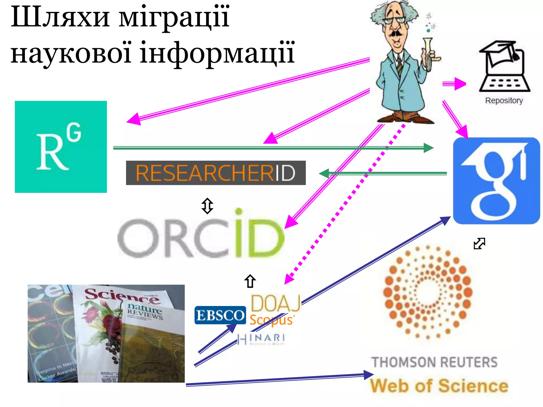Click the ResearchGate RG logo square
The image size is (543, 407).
pos(61,147)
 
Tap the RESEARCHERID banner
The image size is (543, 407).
pos(216,173)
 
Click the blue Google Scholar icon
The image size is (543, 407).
pos(496,181)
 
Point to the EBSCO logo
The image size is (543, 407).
pos(220,315)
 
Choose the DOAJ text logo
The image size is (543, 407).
pos(275,303)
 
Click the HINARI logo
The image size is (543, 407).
pos(261,339)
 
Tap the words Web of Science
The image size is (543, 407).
pos(439,386)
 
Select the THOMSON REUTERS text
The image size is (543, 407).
pos(434,362)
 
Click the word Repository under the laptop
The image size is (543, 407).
pos(504,101)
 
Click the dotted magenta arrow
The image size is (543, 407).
pos(345,204)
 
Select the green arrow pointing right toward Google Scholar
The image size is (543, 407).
pos(273,148)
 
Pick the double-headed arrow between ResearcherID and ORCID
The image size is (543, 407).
pos(207,206)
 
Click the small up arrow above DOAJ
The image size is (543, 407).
pos(250,281)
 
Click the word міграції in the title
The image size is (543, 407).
pos(174,17)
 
